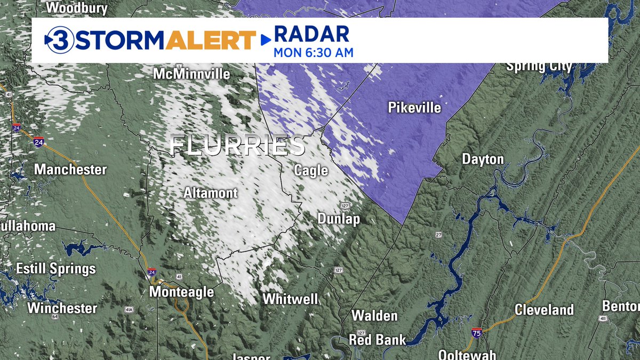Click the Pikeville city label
pyautogui.click(x=414, y=108)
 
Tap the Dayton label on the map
pyautogui.click(x=482, y=159)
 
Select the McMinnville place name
pyautogui.click(x=191, y=74)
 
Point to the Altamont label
pyautogui.click(x=211, y=193)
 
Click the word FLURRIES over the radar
pyautogui.click(x=238, y=146)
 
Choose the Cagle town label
pyautogui.click(x=311, y=171)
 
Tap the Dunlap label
pyautogui.click(x=339, y=219)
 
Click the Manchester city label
pyautogui.click(x=70, y=170)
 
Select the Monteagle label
pyautogui.click(x=181, y=292)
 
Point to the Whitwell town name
pyautogui.click(x=290, y=299)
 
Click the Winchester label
pyautogui.click(x=62, y=308)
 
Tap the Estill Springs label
pyautogui.click(x=56, y=269)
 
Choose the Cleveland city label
pyautogui.click(x=544, y=310)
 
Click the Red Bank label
pyautogui.click(x=377, y=340)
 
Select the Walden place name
pyautogui.click(x=374, y=316)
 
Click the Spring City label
pyautogui.click(x=539, y=67)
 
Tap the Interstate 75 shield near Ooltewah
pyautogui.click(x=477, y=333)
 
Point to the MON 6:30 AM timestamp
pyautogui.click(x=314, y=53)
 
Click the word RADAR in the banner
pyautogui.click(x=311, y=34)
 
